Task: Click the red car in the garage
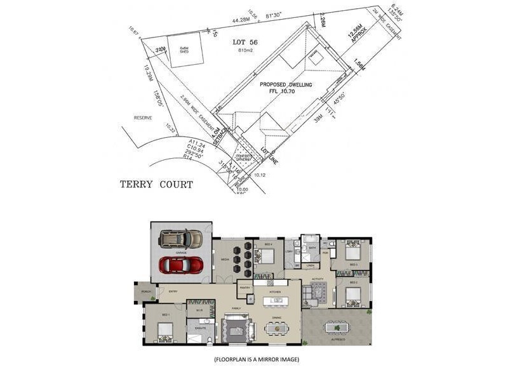181,265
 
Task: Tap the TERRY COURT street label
156,185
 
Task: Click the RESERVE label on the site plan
144,117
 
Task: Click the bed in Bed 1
164,330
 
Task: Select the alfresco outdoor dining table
336,328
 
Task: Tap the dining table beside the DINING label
277,328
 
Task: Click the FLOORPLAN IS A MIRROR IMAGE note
257,359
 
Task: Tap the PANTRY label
245,288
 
